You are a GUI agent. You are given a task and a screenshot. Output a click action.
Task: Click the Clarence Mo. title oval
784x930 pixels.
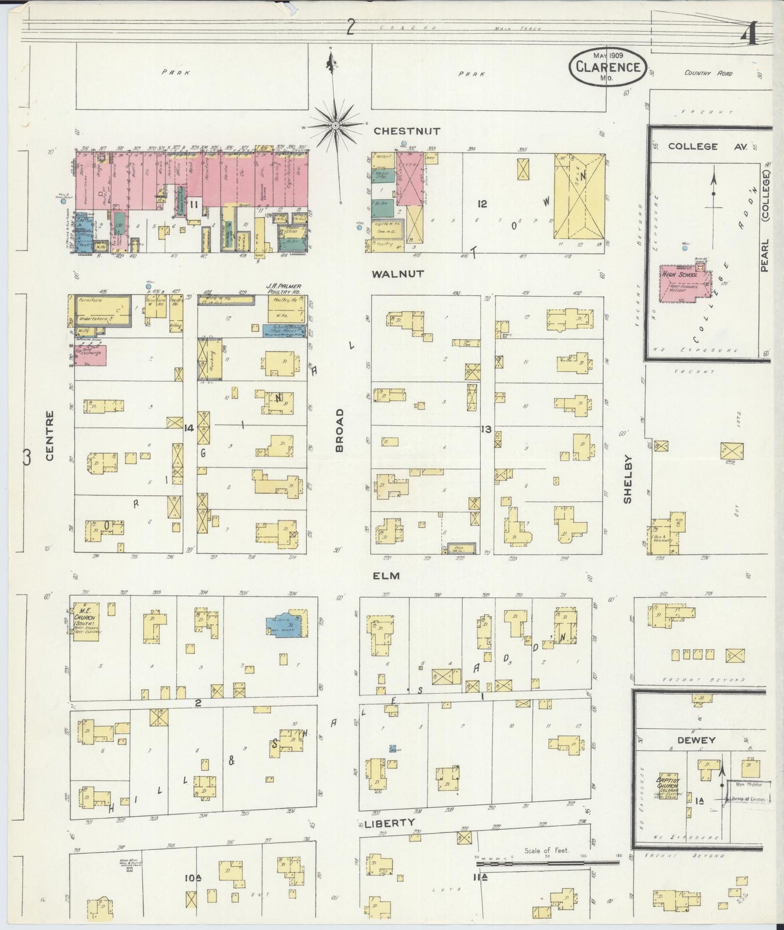608,67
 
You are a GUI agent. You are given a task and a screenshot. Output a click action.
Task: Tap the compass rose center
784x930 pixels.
335,125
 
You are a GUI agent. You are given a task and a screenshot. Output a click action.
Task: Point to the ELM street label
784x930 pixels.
386,575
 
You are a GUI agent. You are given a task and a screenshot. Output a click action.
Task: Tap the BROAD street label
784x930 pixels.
340,430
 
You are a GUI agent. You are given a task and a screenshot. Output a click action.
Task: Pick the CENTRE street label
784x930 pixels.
49,436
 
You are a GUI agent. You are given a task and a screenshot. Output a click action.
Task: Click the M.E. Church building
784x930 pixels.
86,620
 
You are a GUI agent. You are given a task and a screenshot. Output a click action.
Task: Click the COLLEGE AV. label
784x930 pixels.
693,146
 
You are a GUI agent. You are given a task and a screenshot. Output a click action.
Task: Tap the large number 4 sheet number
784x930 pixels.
749,37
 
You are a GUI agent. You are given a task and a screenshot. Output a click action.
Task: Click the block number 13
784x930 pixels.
486,429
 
